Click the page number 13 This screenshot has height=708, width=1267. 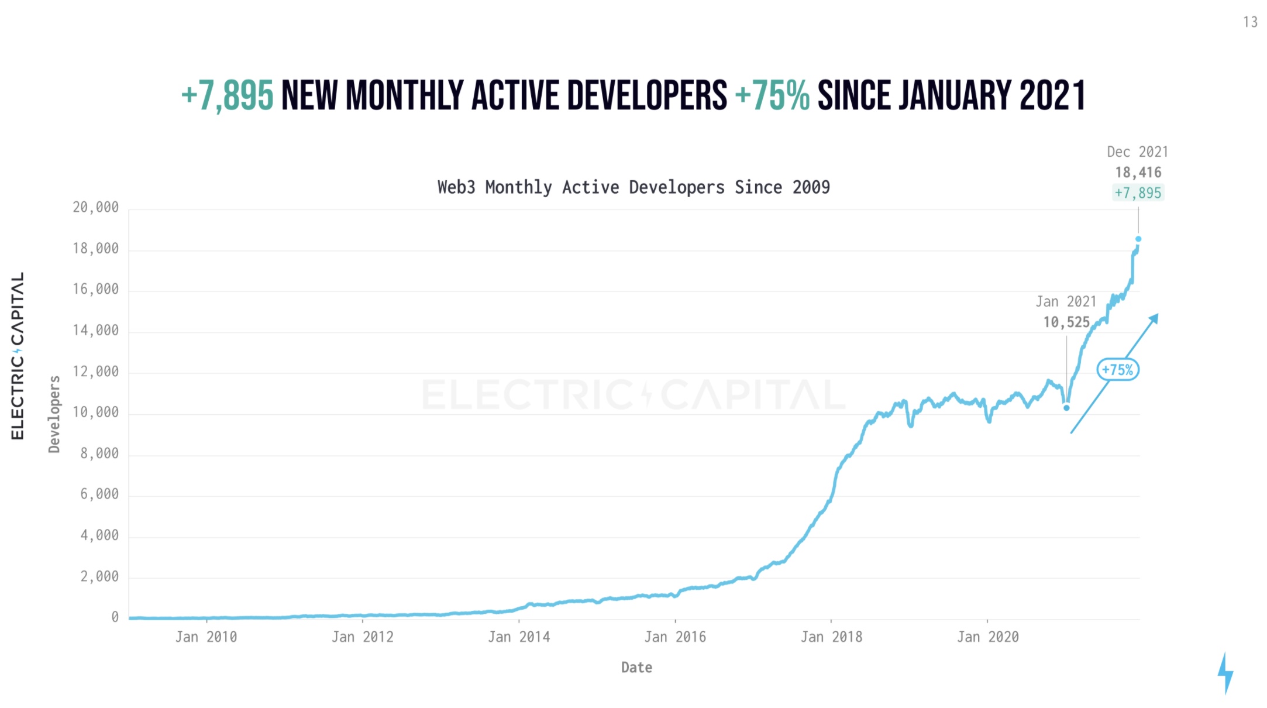[x=1250, y=22]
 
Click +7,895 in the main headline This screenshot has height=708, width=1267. [x=227, y=96]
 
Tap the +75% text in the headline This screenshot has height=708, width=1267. [x=772, y=96]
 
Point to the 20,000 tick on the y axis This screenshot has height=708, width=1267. [x=95, y=207]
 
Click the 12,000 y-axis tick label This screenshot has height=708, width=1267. [x=95, y=372]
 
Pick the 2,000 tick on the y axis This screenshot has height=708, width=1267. [x=99, y=577]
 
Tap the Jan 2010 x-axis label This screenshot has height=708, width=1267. [x=206, y=637]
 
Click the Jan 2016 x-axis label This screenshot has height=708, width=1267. [x=675, y=637]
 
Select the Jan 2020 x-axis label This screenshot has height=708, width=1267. [x=987, y=637]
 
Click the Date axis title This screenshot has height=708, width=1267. [x=636, y=668]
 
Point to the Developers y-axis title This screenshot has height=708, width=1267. [x=54, y=414]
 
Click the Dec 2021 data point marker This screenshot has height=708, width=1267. [x=1138, y=239]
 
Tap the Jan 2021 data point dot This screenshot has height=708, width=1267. [x=1066, y=408]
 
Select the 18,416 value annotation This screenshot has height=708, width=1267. [x=1138, y=173]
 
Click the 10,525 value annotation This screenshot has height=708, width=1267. [x=1066, y=322]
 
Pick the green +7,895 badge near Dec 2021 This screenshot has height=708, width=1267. [x=1138, y=193]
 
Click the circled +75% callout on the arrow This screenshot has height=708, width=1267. [x=1117, y=370]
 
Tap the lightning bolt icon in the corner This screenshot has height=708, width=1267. [x=1225, y=673]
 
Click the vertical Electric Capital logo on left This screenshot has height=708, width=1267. [x=18, y=356]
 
